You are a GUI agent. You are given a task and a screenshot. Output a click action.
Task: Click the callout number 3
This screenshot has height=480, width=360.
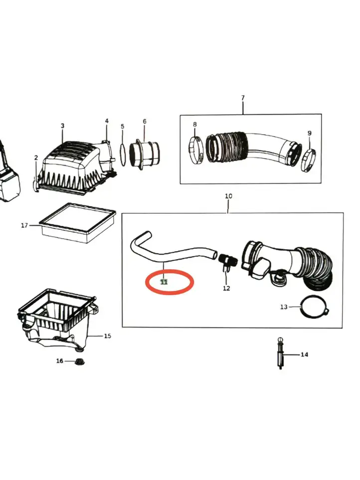[x=62, y=126]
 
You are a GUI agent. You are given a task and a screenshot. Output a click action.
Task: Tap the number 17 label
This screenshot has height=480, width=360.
[x=24, y=225]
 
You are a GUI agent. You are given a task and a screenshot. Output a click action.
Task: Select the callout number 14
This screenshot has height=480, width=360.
[x=304, y=354]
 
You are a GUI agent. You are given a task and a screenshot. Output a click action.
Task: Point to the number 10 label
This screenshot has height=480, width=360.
[x=228, y=196]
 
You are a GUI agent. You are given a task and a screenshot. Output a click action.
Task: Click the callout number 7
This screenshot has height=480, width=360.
[x=243, y=98]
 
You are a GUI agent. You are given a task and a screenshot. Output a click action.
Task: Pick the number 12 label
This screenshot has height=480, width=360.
[x=226, y=288]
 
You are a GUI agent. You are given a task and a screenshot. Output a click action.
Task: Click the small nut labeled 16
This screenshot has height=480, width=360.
[x=79, y=362]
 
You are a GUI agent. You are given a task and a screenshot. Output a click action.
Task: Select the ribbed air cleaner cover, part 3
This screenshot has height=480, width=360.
[x=75, y=167]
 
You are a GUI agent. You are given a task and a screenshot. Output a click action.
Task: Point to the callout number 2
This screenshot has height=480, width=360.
[x=36, y=158]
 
